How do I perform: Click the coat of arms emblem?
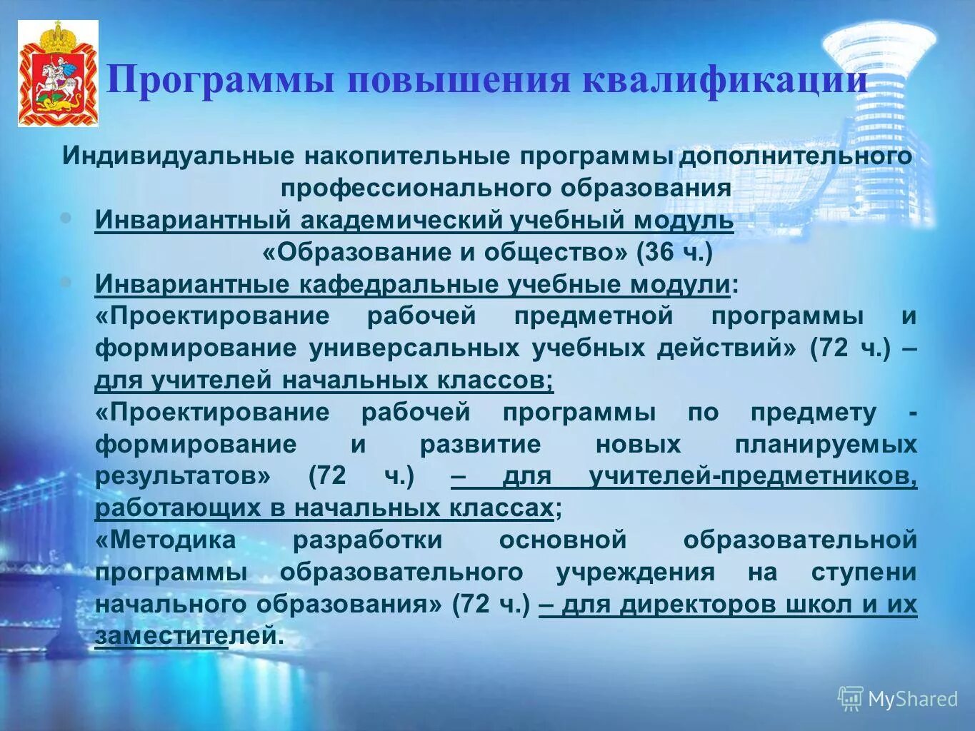pos(58,74)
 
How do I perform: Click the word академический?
pos(401,221)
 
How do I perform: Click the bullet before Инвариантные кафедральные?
pos(66,283)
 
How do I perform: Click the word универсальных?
pos(414,348)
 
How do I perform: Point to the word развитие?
pos(480,444)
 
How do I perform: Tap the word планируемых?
pos(826,444)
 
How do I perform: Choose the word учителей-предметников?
pos(752,476)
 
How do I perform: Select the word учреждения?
pos(635,572)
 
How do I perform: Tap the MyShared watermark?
pos(898,699)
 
